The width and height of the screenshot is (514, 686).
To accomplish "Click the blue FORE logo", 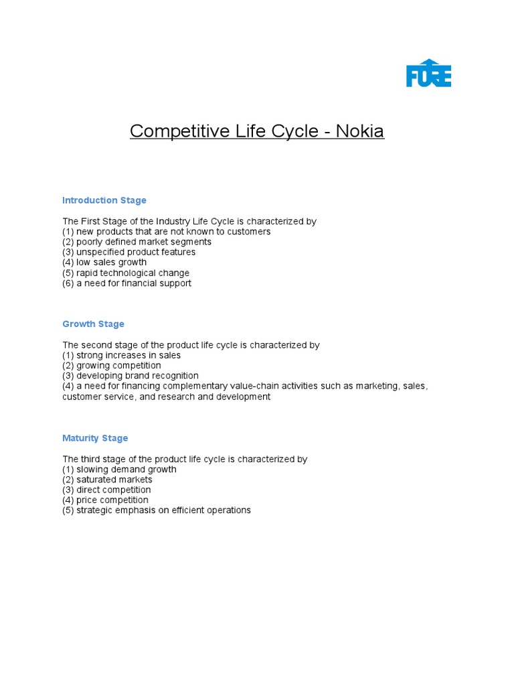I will point(428,73).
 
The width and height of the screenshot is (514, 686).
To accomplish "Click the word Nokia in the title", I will point(360,131).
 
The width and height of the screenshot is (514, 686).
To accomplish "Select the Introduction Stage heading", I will point(104,200).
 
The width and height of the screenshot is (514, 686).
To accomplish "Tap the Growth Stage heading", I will point(93,324).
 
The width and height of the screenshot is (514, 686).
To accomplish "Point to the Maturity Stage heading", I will point(95,438).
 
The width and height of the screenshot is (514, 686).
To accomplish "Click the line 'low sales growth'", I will point(104,263).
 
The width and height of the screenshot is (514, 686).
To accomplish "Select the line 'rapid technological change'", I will point(126,273).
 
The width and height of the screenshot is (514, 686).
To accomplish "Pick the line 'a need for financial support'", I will point(127,283).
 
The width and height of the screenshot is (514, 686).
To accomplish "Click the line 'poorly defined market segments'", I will point(137,242).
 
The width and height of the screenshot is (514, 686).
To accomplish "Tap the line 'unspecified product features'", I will point(129,253).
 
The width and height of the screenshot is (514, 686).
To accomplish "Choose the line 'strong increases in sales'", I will point(122,356).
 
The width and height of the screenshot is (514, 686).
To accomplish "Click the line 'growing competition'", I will point(112,366).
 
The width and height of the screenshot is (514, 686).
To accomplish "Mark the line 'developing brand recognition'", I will point(131,376).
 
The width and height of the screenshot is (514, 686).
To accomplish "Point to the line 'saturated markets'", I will point(108,480).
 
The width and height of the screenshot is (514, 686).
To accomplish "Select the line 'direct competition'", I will point(107,490).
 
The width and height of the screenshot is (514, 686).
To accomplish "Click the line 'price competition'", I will point(106,500).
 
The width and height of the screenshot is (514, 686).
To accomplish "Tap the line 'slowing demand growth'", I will point(120,470).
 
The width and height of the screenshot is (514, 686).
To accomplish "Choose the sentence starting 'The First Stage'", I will point(189,221).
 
